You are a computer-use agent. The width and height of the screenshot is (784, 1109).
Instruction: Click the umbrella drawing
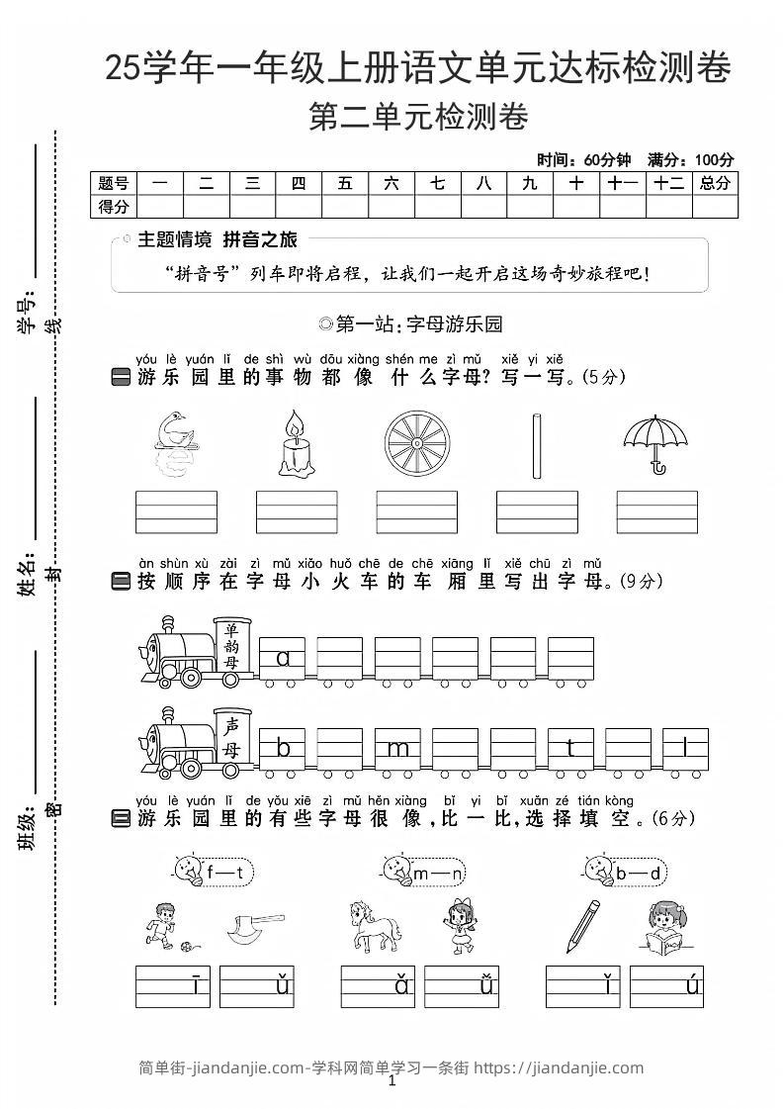(655, 441)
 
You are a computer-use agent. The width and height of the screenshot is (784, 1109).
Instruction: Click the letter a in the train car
(284, 658)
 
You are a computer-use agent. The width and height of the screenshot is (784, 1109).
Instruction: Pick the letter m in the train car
(398, 749)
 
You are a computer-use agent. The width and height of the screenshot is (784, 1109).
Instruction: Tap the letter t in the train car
(570, 749)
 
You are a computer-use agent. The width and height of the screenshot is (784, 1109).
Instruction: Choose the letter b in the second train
(284, 749)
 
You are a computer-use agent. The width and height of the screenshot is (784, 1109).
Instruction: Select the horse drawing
(376, 926)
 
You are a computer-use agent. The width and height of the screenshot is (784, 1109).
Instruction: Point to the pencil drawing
(583, 924)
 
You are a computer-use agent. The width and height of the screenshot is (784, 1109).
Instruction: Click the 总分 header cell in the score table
(714, 183)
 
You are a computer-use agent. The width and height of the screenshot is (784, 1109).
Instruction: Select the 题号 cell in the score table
(114, 183)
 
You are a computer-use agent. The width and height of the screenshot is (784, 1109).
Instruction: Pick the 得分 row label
(114, 206)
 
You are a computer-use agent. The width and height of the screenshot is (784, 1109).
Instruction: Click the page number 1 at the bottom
(392, 1082)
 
